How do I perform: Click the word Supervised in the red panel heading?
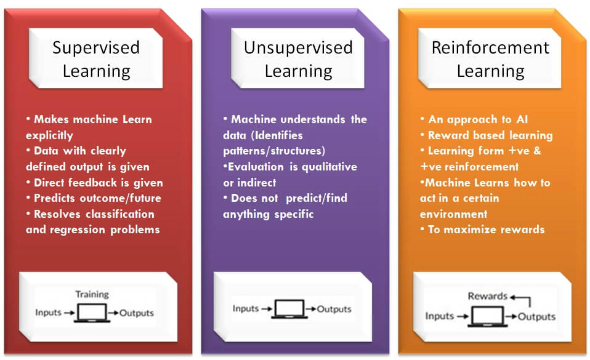tap(96, 48)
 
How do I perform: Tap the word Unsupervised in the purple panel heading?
tap(298, 48)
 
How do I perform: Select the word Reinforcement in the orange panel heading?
tap(490, 48)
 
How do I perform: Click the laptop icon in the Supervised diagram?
tap(92, 313)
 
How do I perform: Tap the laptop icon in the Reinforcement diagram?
tap(487, 316)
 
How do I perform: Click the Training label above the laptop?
tap(92, 294)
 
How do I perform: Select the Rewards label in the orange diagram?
tap(487, 296)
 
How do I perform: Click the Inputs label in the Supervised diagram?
tap(48, 312)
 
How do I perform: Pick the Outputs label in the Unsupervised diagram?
tap(334, 309)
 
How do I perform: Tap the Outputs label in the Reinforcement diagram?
tap(536, 317)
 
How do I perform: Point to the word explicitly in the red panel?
tap(49, 135)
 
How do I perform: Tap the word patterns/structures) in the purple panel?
tap(274, 151)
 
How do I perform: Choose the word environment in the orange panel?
tap(453, 214)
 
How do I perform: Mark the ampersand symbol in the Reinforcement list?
tap(537, 151)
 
